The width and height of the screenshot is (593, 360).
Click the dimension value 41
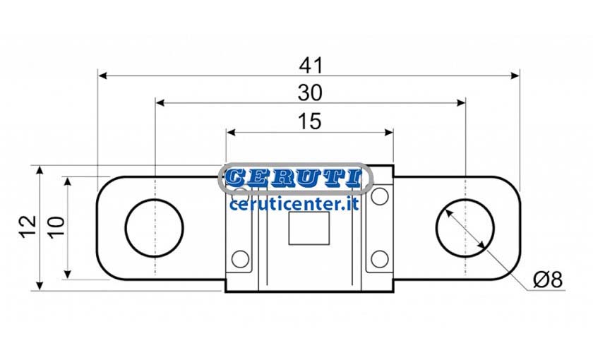[311, 66]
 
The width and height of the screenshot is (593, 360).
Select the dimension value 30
[310, 92]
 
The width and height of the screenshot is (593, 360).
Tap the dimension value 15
[310, 121]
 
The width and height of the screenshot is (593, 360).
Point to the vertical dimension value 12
[28, 227]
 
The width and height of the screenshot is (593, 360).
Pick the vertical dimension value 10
[56, 227]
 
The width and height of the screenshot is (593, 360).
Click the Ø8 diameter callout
[548, 280]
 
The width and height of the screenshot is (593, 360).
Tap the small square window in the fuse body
[309, 228]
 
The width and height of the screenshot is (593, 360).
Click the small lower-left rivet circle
[240, 259]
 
